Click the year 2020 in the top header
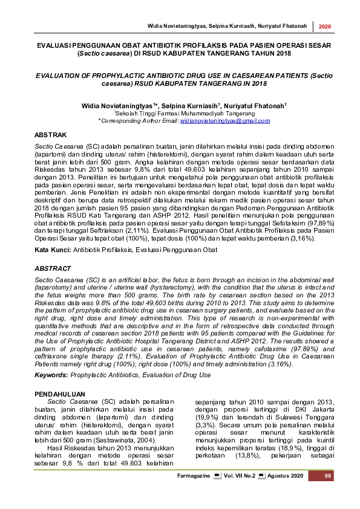(324, 27)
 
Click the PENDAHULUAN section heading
(61, 394)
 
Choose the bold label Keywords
(51, 375)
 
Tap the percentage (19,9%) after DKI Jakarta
(209, 417)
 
